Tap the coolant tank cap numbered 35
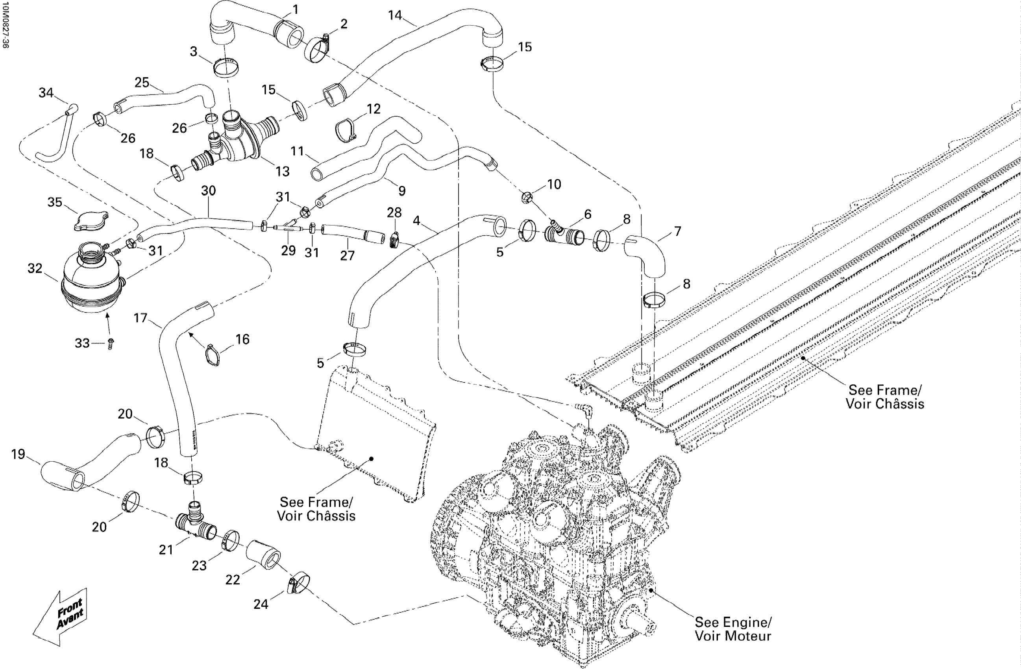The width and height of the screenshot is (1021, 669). point(91,221)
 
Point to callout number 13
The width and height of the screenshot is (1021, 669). point(282,172)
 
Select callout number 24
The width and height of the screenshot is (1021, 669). point(261,604)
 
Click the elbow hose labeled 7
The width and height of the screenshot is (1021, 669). point(645,255)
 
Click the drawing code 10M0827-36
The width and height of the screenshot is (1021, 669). point(5,24)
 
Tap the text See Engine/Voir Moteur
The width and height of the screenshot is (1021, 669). point(733,629)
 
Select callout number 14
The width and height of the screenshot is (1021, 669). point(395,15)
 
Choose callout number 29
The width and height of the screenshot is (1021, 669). point(288,250)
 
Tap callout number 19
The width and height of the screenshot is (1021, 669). point(18,454)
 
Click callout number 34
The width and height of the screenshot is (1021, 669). point(46,92)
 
